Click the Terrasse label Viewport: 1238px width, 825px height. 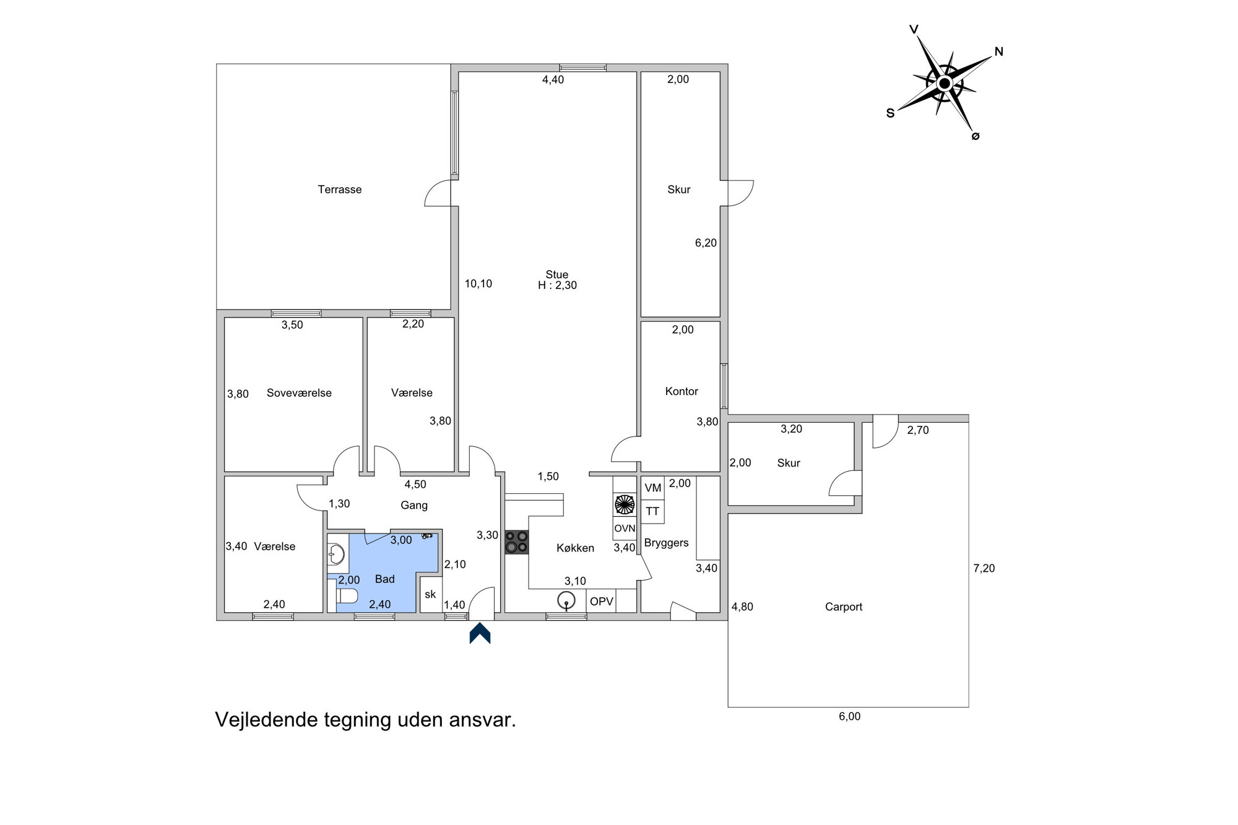tap(340, 189)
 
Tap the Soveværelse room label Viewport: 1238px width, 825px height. tap(299, 393)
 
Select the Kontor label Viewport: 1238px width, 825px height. tap(682, 391)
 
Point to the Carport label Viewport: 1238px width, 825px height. tap(844, 607)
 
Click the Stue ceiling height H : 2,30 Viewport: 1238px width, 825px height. tap(557, 285)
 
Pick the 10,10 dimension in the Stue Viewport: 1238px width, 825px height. tap(478, 284)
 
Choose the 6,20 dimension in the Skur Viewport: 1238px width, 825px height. tap(706, 243)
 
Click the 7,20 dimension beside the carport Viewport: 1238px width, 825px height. tap(984, 568)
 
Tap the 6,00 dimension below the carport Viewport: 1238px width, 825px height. tap(850, 717)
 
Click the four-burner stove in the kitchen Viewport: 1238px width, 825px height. tap(517, 542)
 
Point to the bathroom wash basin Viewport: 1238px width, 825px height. tap(336, 554)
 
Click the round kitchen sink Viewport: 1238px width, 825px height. tap(566, 600)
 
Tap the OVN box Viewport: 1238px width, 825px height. tap(625, 529)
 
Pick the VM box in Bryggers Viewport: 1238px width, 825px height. tap(652, 488)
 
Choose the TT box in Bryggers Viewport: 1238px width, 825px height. tap(652, 512)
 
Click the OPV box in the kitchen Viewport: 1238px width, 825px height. tap(602, 602)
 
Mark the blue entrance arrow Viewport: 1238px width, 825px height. tap(480, 633)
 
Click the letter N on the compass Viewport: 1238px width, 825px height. tap(998, 52)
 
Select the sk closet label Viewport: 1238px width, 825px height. tap(430, 595)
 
